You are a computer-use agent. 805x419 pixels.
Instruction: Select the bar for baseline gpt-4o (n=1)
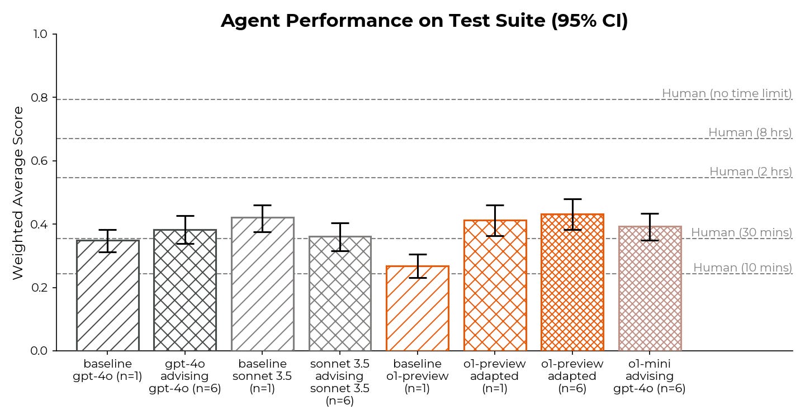coord(108,296)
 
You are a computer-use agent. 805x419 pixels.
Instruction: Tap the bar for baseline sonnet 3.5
coord(263,284)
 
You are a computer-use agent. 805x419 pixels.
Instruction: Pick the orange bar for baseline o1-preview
coord(418,308)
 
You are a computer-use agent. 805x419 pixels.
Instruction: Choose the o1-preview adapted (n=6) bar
coord(572,283)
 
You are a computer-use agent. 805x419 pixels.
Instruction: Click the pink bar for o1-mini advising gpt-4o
coord(650,289)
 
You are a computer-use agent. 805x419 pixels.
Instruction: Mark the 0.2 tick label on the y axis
coord(39,288)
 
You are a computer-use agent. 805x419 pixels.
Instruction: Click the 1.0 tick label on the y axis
coord(40,34)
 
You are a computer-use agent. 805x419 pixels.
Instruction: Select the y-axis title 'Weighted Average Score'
coord(18,193)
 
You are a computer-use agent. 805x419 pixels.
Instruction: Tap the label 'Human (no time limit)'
coord(727,93)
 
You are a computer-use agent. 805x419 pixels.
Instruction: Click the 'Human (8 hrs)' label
coord(750,132)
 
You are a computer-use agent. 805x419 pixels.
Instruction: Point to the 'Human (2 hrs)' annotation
coord(751,172)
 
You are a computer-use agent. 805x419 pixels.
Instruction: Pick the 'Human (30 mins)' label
coord(742,232)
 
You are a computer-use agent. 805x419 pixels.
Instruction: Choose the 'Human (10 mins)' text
coord(743,268)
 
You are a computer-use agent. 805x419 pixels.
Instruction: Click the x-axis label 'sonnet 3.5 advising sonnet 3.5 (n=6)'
coord(340,382)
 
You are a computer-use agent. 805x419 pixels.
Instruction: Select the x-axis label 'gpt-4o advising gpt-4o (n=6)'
coord(185,376)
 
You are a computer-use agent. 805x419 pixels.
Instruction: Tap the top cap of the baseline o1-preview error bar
coord(418,255)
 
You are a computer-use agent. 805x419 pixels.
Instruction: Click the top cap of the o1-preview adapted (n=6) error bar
coord(572,199)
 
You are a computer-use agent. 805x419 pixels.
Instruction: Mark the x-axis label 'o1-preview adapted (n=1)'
coord(495,376)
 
